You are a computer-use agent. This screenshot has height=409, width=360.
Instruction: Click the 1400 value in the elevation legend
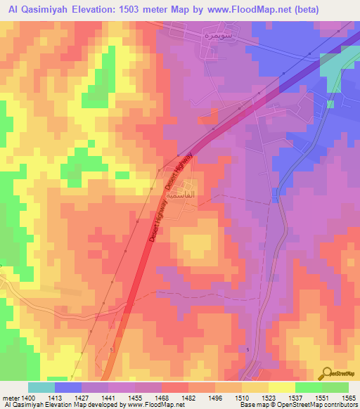click(x=28, y=397)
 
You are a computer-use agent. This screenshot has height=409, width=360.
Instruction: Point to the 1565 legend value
click(x=348, y=397)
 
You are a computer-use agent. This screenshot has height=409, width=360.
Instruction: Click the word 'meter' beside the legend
click(x=11, y=397)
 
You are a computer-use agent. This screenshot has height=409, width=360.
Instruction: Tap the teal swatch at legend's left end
click(x=41, y=387)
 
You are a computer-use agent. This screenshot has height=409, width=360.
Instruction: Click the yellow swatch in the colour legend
click(x=281, y=387)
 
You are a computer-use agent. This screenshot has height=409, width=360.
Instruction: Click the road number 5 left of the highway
click(x=111, y=349)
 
